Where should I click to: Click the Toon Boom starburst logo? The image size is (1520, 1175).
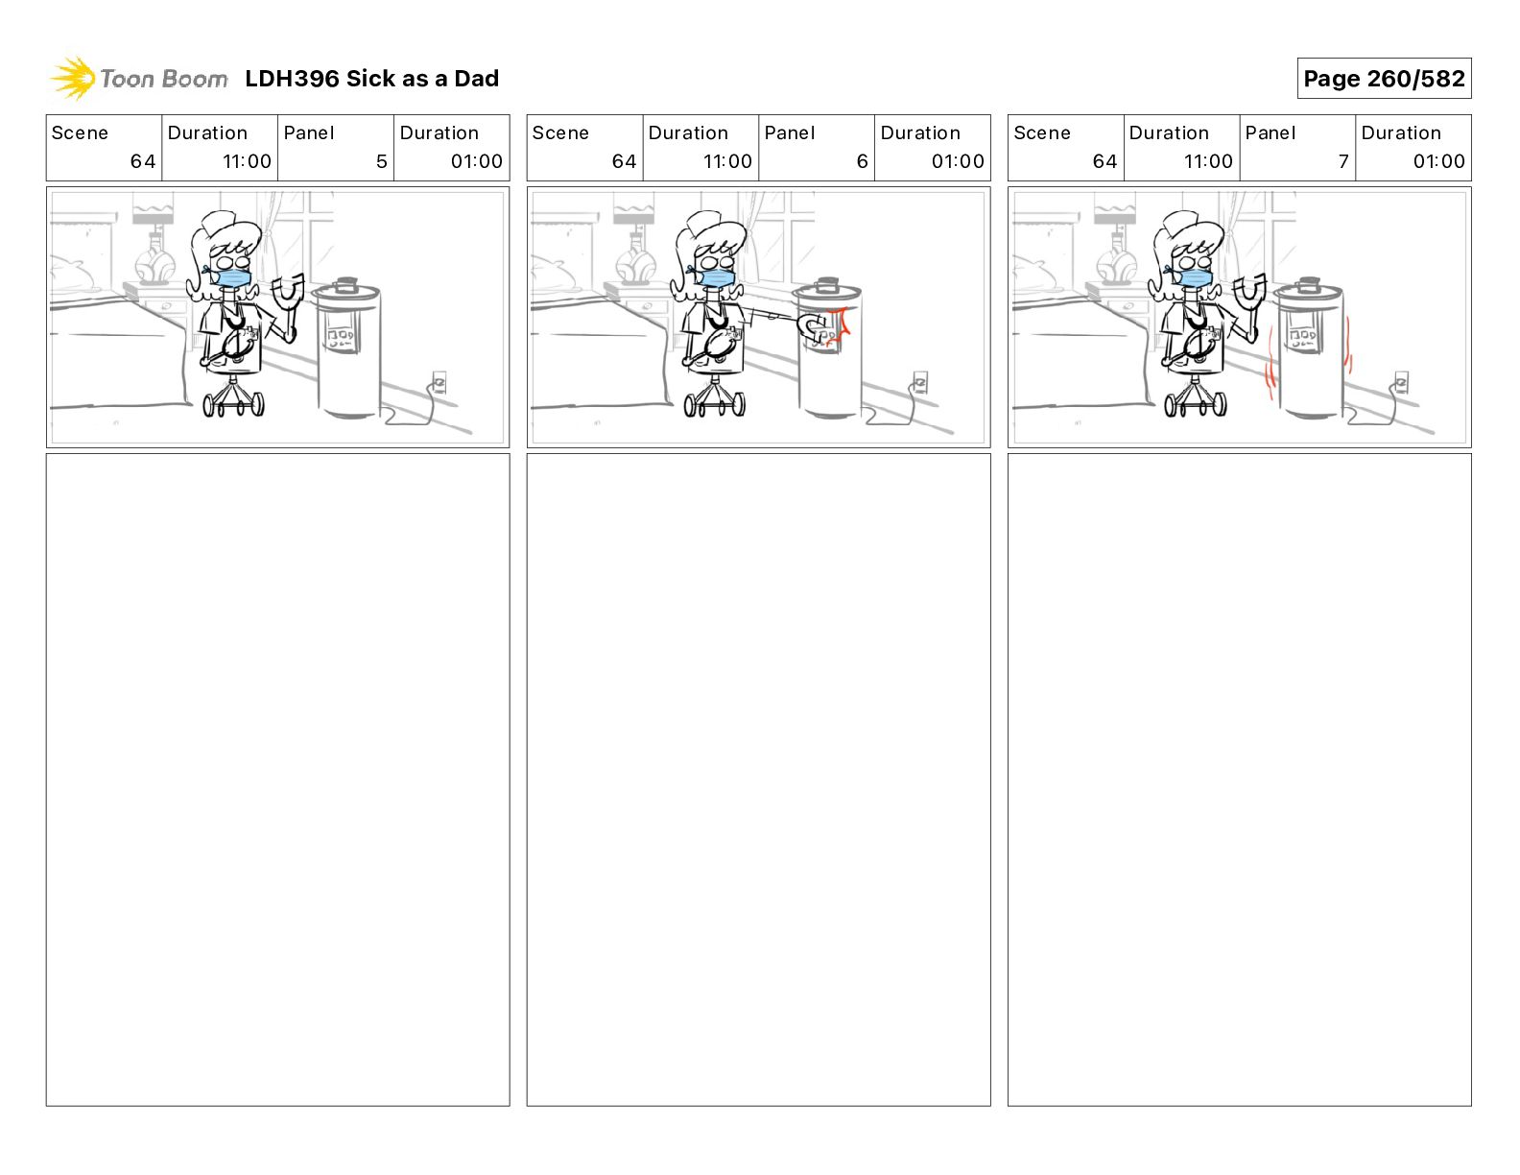[x=73, y=79]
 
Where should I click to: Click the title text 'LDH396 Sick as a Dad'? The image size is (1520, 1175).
[x=372, y=79]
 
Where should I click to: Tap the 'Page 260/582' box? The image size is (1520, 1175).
[x=1384, y=79]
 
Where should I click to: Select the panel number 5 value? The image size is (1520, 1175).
[x=381, y=161]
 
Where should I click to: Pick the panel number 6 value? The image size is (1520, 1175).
[x=863, y=161]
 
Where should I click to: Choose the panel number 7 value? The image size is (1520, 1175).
[x=1343, y=161]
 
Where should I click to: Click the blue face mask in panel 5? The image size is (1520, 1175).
[x=231, y=277]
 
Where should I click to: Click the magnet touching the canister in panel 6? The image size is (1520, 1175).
[x=813, y=327]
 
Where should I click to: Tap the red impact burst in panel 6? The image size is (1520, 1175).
[x=838, y=327]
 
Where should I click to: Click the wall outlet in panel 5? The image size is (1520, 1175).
[x=439, y=383]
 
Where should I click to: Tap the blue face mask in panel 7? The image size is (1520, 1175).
[x=1193, y=277]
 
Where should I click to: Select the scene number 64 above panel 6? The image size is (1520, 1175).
[x=624, y=161]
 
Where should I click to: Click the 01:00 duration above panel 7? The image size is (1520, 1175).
[x=1438, y=161]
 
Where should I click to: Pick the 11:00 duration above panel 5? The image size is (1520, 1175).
[x=247, y=161]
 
